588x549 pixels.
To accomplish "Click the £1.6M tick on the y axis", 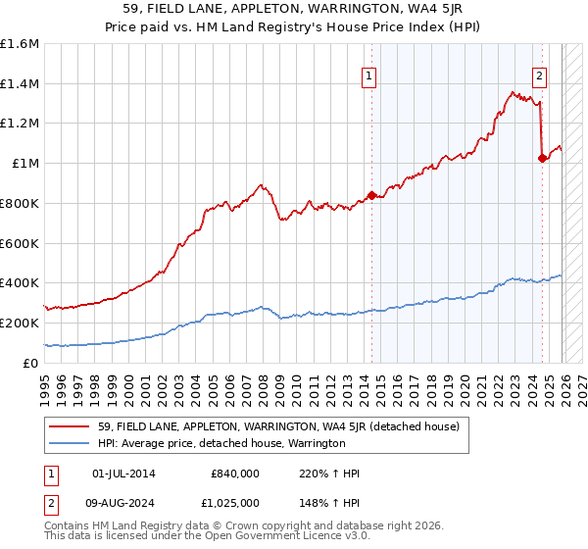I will click(x=20, y=44).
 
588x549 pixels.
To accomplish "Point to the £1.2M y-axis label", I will click(x=20, y=124).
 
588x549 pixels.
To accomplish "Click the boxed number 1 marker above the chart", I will click(x=370, y=76).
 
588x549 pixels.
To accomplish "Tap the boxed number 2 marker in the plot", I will click(x=540, y=76).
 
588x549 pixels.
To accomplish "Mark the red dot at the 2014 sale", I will click(x=371, y=195).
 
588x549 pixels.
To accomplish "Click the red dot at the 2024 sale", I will click(x=542, y=158).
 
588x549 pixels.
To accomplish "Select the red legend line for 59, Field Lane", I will click(x=70, y=425).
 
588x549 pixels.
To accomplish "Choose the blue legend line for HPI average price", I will click(x=70, y=443).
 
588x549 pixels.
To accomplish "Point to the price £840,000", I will click(x=233, y=474).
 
